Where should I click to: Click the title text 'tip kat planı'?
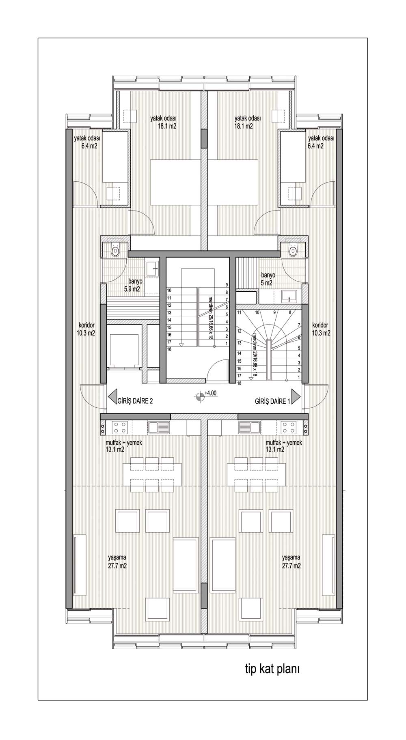coord(272,669)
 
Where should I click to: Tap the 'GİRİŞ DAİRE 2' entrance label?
coord(135,401)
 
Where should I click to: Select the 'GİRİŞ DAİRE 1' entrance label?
coord(272,401)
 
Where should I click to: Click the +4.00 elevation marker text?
coord(211,393)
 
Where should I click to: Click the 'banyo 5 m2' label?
coord(267,279)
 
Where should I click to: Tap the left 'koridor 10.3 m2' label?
coord(86,329)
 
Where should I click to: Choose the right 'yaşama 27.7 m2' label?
coord(292,561)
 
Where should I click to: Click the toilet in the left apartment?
coord(116,251)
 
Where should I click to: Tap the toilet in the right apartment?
coord(293,251)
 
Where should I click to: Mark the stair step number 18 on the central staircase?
coord(169,349)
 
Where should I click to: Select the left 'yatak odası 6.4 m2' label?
coord(86,142)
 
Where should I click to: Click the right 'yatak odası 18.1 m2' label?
coord(247,122)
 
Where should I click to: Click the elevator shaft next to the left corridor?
coord(123,347)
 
